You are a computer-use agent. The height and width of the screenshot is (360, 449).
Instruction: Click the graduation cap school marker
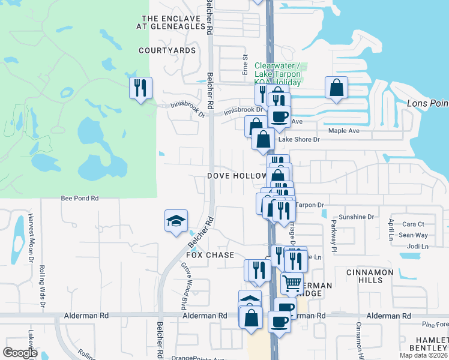pos(176,221)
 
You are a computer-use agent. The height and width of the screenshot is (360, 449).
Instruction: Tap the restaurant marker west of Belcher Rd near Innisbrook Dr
pos(141,89)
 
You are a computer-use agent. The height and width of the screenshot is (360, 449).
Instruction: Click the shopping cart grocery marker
pos(292,283)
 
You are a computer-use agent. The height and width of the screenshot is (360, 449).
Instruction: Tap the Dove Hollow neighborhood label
pos(237,176)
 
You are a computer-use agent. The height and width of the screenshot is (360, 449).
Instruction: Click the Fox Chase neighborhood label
pos(210,255)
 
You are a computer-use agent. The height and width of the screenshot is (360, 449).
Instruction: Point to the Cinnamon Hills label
pos(370,276)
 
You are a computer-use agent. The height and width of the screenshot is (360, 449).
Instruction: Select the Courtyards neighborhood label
pos(167,50)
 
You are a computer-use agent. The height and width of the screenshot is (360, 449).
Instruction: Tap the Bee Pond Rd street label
pos(79,197)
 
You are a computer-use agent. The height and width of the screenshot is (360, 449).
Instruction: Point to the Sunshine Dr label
pos(357,217)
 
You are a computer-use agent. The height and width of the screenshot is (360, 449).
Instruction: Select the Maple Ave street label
pos(343,131)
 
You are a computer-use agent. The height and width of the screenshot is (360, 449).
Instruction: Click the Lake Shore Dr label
pos(299,139)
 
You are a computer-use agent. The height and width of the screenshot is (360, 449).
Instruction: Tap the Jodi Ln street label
pos(418,247)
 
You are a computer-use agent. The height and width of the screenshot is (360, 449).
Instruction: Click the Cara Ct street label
pos(413,224)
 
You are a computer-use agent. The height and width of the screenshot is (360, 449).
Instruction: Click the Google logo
pos(20,352)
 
